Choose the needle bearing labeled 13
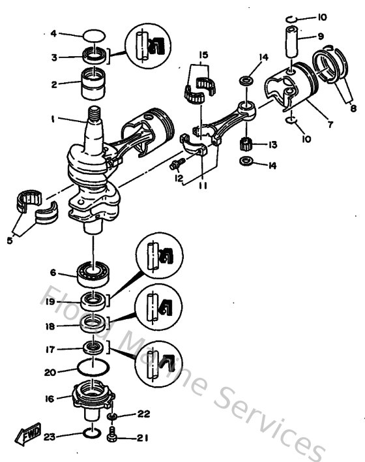[247, 144]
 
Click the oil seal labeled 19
[95, 302]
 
